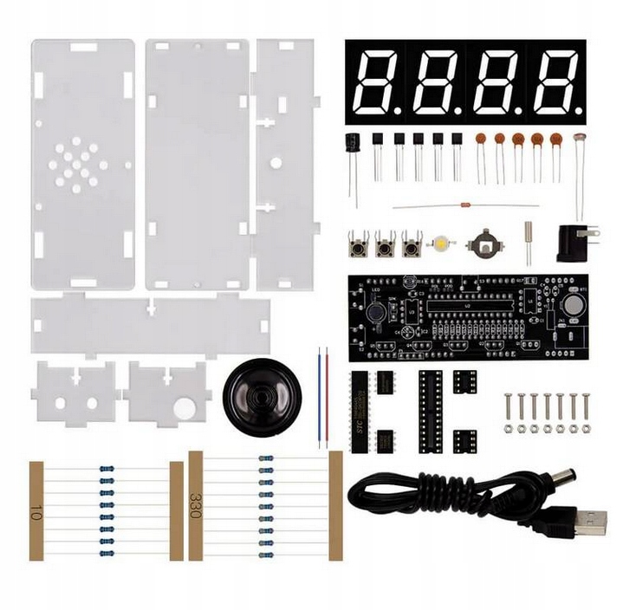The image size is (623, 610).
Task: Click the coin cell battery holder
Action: tap(484, 243)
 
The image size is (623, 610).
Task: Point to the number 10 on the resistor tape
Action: tap(36, 511)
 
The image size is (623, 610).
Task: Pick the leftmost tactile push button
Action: tap(355, 247)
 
